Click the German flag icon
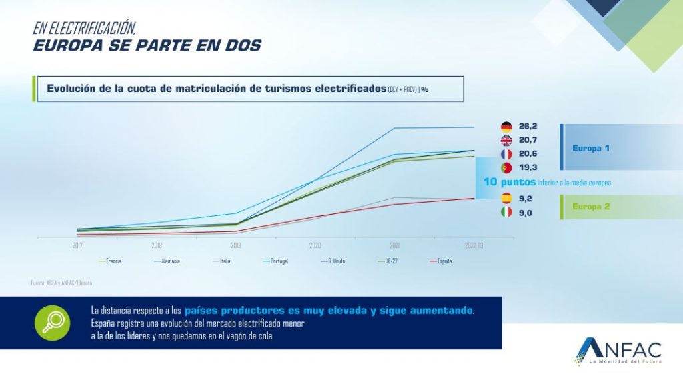tap(506, 126)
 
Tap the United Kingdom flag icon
tap(506, 140)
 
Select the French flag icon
tap(506, 154)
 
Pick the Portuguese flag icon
tap(506, 168)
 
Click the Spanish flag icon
tap(506, 198)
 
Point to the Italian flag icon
tap(506, 212)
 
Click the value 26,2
tap(528, 126)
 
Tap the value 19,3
tap(528, 168)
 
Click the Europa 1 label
tap(590, 148)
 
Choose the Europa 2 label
tap(590, 207)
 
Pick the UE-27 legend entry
tap(388, 261)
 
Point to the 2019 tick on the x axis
tap(235, 245)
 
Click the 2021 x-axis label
tap(395, 245)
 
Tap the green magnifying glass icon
tap(53, 323)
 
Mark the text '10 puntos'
tap(510, 182)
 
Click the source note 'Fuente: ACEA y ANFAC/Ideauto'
tap(61, 283)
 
